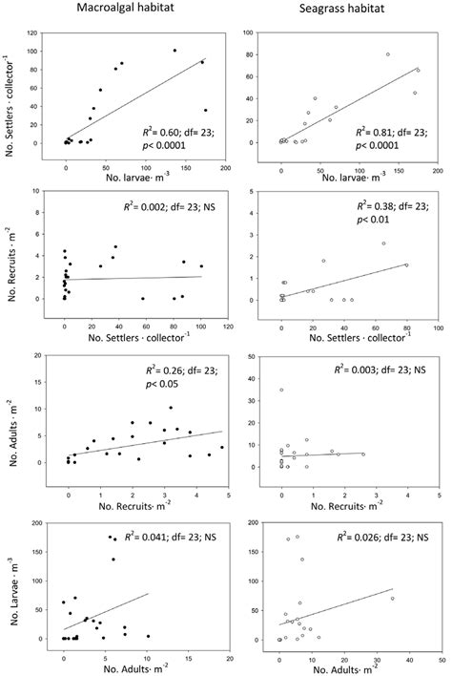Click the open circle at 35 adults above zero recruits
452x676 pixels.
(x=281, y=390)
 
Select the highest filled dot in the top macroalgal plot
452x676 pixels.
(x=175, y=51)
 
